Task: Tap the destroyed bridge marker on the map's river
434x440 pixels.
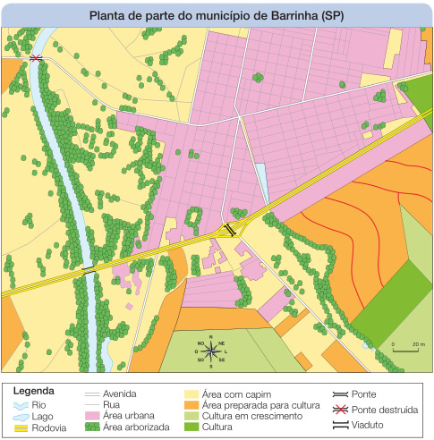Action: tap(36, 58)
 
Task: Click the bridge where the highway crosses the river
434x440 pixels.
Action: tap(88, 267)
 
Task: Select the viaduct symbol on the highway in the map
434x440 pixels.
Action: tap(230, 229)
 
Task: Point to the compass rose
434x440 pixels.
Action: tap(211, 351)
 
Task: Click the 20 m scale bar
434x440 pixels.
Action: tap(407, 349)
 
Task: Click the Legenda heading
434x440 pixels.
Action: tap(34, 391)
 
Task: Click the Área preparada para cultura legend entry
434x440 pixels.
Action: tap(250, 404)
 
